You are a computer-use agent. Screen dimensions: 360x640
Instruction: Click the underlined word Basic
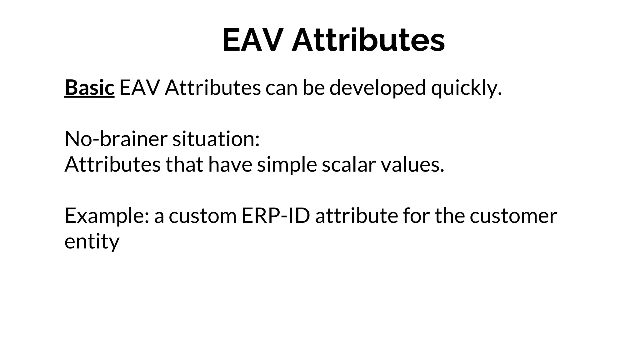(x=89, y=88)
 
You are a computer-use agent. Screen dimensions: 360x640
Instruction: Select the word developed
(x=377, y=88)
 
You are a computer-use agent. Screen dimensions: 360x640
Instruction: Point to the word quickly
(x=466, y=88)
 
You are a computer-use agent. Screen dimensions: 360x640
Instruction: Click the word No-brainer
(x=116, y=139)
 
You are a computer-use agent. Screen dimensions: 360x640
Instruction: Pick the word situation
(x=216, y=139)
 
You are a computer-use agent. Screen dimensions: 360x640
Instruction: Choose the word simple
(x=287, y=165)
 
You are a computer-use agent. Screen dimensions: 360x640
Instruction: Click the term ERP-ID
(x=276, y=216)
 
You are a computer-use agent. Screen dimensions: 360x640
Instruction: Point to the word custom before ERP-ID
(x=202, y=216)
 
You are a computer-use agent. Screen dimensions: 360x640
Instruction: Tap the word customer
(x=513, y=216)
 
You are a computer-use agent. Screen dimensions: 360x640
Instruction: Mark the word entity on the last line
(x=92, y=242)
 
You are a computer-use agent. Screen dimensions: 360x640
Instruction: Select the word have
(x=230, y=165)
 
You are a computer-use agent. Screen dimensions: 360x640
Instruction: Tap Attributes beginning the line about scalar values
(x=112, y=165)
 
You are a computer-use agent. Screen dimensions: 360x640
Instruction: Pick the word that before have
(x=184, y=165)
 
